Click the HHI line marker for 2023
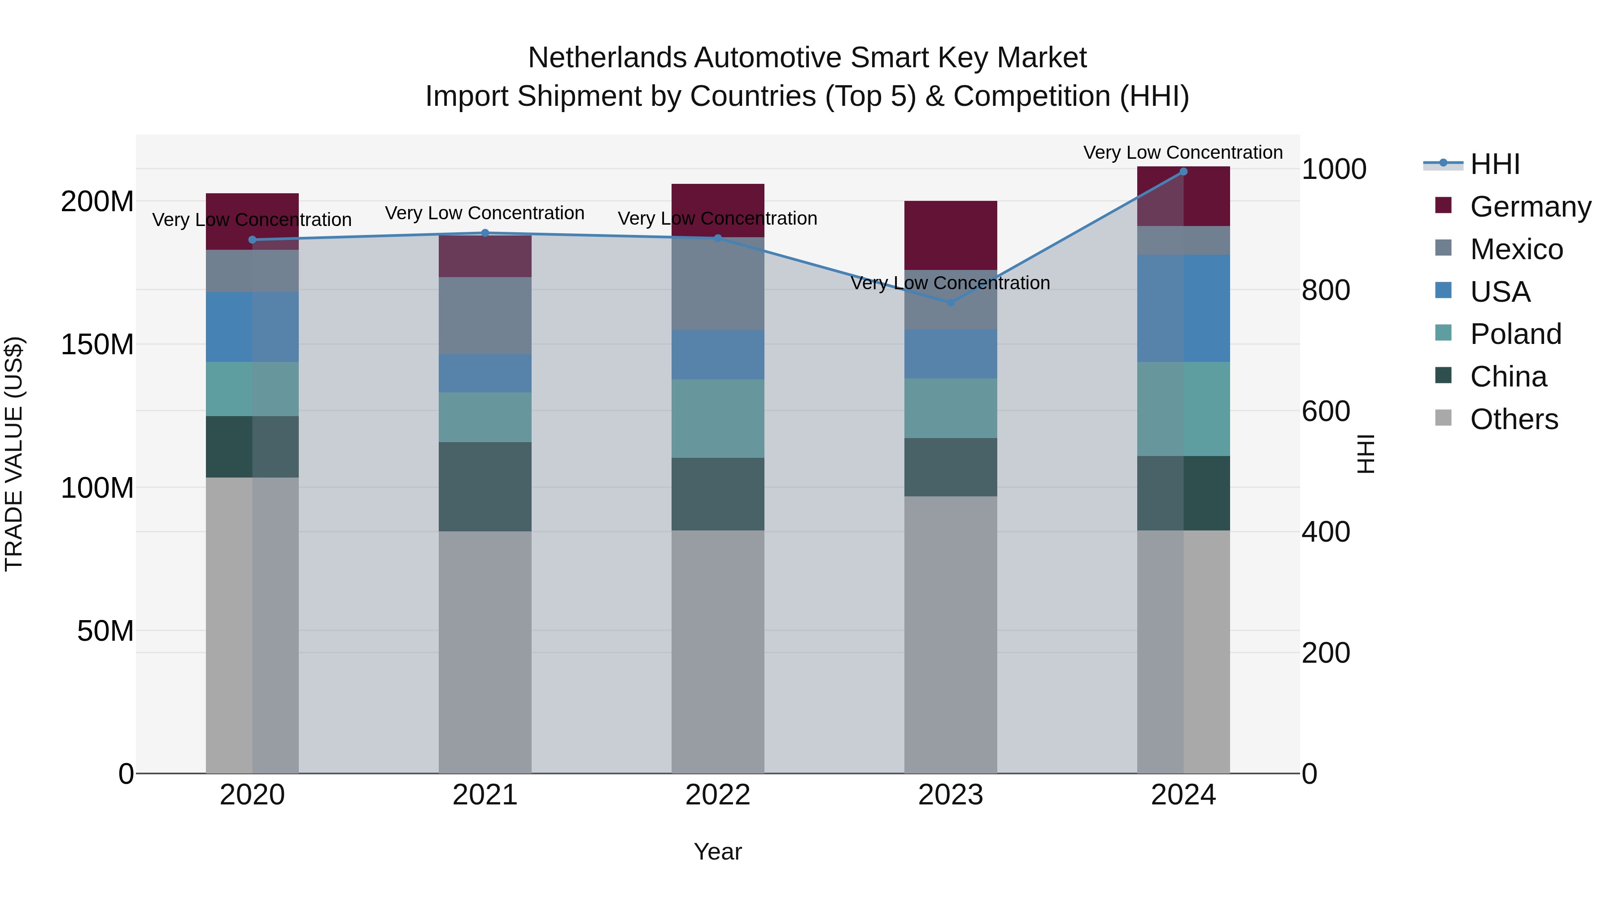(951, 302)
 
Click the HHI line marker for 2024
(1183, 172)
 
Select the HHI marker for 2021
(484, 233)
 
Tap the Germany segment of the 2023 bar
(951, 235)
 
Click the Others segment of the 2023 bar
(951, 634)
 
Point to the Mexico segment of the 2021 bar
(484, 315)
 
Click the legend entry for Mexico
(1516, 249)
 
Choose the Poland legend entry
(1515, 334)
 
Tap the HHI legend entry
(1495, 164)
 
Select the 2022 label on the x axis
(717, 795)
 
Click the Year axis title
(717, 852)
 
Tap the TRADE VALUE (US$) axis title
(14, 454)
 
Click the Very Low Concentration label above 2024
(1183, 152)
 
